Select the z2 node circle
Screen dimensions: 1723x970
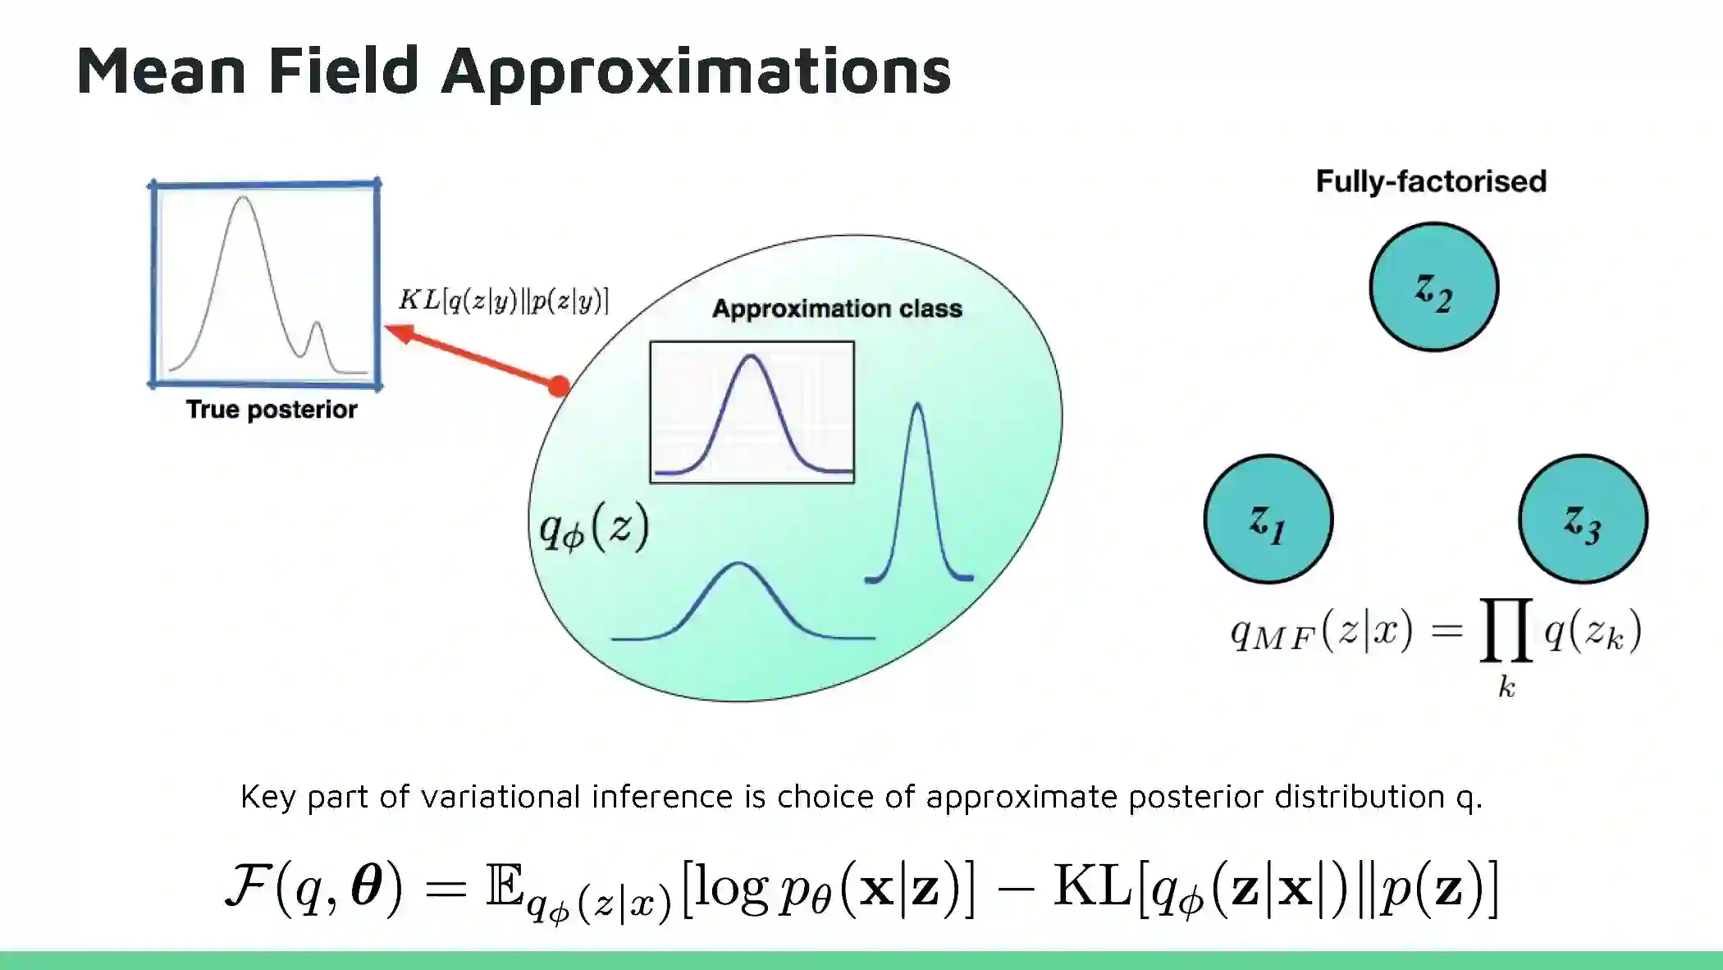(1433, 287)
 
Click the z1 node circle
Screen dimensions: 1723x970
(1268, 519)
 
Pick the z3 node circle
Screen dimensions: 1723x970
(1583, 519)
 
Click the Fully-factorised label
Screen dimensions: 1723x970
(1431, 181)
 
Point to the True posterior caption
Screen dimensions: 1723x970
(272, 410)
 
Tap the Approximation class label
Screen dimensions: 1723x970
(837, 309)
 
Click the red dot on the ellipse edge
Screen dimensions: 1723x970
(559, 386)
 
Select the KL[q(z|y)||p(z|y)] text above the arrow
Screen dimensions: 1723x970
(504, 300)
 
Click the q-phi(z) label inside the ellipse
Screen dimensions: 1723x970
(593, 527)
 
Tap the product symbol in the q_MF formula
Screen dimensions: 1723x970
(1506, 630)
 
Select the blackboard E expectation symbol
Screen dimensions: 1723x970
(504, 885)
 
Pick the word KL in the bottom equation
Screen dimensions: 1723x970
(1091, 885)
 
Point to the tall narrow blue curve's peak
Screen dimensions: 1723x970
(917, 405)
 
